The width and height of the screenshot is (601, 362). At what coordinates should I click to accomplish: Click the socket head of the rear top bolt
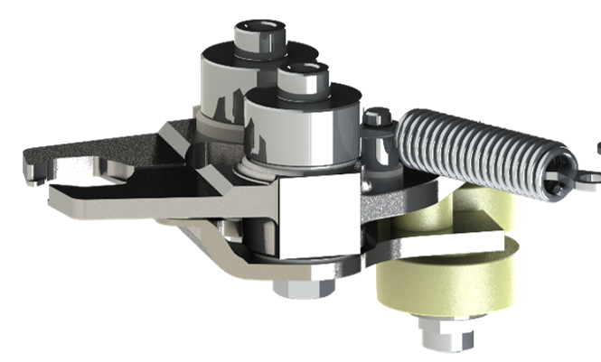click(x=259, y=36)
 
